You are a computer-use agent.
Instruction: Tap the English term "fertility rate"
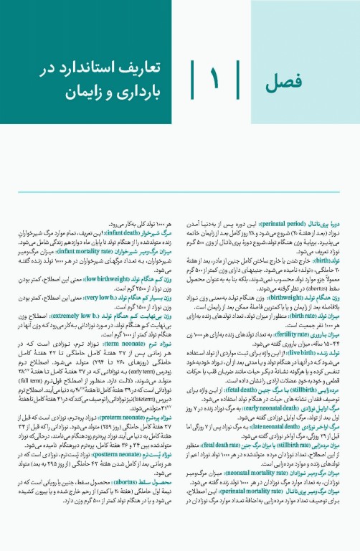tap(286, 305)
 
